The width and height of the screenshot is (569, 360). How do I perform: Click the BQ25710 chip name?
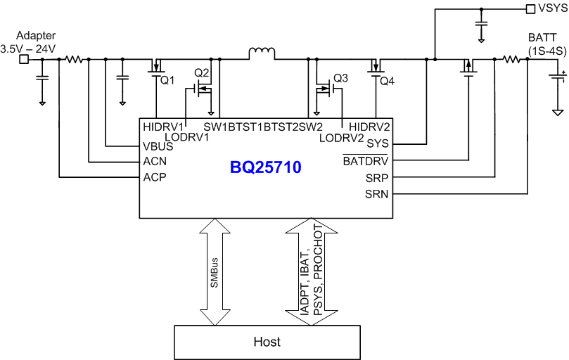pyautogui.click(x=265, y=168)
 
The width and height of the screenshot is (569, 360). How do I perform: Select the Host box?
pyautogui.click(x=267, y=342)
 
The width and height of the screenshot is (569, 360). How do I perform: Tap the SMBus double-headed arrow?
pyautogui.click(x=215, y=271)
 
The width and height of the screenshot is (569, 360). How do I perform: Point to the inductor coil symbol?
pyautogui.click(x=260, y=53)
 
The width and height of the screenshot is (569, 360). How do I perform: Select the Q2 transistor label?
pyautogui.click(x=202, y=73)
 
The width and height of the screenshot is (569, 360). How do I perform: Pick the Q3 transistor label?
pyautogui.click(x=341, y=77)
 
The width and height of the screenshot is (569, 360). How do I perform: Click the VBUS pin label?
pyautogui.click(x=157, y=147)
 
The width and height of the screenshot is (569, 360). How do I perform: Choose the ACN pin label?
pyautogui.click(x=154, y=162)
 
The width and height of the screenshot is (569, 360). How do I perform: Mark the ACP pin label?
pyautogui.click(x=154, y=177)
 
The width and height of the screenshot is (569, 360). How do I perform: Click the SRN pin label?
pyautogui.click(x=376, y=193)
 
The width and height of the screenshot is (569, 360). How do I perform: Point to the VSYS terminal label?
pyautogui.click(x=551, y=9)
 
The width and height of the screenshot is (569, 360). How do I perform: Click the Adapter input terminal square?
pyautogui.click(x=23, y=60)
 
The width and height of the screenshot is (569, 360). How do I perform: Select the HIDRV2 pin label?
pyautogui.click(x=370, y=127)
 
